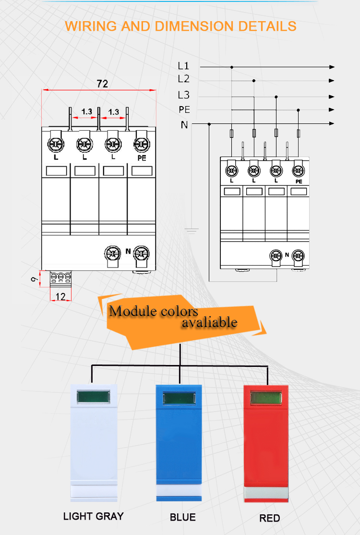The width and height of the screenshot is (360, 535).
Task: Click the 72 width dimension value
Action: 102,84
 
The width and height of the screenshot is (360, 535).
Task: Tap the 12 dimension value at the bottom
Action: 60,296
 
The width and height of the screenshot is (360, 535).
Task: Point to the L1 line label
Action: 183,65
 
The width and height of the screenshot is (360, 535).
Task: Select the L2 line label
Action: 183,79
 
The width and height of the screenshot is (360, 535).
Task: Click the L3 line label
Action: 183,95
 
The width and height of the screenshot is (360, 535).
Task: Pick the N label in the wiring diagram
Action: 184,125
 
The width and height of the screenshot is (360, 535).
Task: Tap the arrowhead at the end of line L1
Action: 332,67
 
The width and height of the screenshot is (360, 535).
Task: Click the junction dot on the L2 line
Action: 253,81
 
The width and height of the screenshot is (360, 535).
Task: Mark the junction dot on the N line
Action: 209,124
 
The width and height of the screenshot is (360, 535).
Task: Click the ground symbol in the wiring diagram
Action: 192,231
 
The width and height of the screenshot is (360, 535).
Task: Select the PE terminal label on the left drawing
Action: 142,158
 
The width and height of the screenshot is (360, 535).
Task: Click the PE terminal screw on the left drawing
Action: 142,145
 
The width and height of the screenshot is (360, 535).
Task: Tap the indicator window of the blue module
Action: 179,398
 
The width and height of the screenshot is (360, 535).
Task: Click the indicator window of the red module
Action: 266,398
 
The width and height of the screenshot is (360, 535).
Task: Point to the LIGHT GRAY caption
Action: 94,516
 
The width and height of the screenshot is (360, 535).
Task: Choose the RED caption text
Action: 270,518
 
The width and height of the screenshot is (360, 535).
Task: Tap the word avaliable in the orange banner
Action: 209,322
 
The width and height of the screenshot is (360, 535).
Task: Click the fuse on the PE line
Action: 299,134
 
